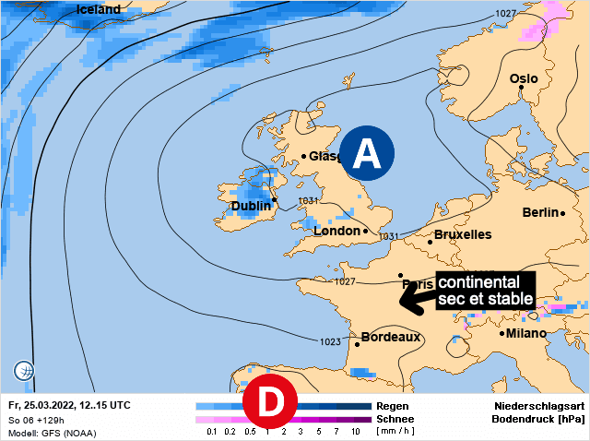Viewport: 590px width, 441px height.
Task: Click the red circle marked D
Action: pos(268,401)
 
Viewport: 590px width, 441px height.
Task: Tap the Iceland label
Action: pos(99,9)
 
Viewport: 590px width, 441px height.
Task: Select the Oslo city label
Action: pos(524,79)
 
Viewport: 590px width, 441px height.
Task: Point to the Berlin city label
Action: pos(541,212)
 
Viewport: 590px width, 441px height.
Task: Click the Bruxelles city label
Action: pos(463,235)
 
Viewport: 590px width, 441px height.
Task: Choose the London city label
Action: pos(336,231)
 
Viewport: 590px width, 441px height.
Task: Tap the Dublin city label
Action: pos(251,207)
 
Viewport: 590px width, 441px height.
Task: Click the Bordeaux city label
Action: pos(390,338)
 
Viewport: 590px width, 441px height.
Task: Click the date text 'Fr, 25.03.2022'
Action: pos(44,405)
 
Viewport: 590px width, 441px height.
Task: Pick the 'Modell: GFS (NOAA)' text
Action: pos(52,433)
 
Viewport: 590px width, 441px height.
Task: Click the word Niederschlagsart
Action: pos(538,406)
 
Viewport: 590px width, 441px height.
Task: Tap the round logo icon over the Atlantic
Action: pos(24,371)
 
